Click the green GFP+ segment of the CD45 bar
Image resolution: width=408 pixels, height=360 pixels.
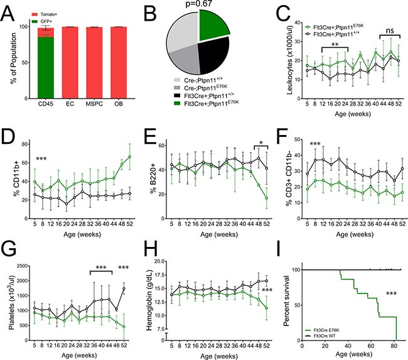(46, 68)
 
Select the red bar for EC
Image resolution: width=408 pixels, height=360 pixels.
(70, 63)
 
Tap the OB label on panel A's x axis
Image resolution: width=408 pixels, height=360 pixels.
(119, 104)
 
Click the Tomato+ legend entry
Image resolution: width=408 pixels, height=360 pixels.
(44, 14)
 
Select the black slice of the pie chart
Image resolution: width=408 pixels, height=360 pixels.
(212, 55)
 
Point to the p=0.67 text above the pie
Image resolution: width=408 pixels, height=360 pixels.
(199, 3)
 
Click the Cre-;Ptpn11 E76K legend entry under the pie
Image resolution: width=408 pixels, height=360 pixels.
(206, 88)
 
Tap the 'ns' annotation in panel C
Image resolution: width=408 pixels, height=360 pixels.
(389, 31)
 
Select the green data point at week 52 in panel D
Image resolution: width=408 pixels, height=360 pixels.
(129, 156)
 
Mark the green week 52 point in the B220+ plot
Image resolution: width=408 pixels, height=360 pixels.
(266, 199)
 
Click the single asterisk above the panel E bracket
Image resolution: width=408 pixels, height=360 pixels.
(261, 143)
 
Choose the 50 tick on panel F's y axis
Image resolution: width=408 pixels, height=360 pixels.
(296, 139)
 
